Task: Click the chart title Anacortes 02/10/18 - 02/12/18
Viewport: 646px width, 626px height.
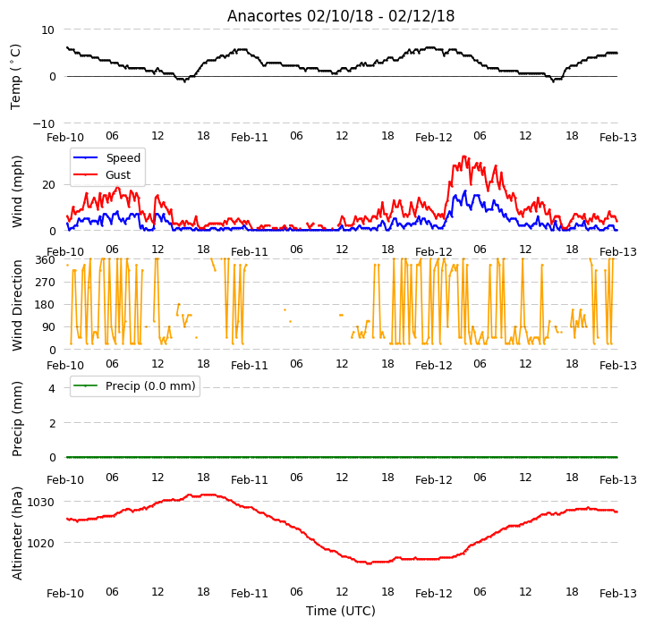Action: pyautogui.click(x=341, y=16)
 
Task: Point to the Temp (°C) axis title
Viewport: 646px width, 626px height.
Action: pyautogui.click(x=15, y=77)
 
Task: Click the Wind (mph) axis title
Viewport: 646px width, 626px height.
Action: pyautogui.click(x=16, y=191)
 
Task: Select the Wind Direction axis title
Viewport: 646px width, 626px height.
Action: pyautogui.click(x=16, y=305)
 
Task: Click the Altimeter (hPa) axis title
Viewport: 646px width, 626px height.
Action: pyautogui.click(x=16, y=533)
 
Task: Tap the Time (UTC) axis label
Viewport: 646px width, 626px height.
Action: pyautogui.click(x=341, y=611)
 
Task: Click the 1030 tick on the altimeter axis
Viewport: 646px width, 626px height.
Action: pyautogui.click(x=40, y=502)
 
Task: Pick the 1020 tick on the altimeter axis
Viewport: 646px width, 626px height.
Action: pyautogui.click(x=40, y=543)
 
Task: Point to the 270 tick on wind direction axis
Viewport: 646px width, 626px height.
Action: pyautogui.click(x=46, y=283)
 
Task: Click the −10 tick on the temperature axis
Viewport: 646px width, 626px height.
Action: pyautogui.click(x=44, y=123)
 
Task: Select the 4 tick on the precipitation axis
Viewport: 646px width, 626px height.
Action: pyautogui.click(x=52, y=388)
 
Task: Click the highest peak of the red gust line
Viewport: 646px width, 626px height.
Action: pyautogui.click(x=463, y=156)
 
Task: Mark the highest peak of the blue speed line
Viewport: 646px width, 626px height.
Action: pyautogui.click(x=465, y=190)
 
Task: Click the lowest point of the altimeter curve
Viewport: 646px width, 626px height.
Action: pyautogui.click(x=370, y=563)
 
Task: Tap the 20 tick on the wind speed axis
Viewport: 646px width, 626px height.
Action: pyautogui.click(x=48, y=185)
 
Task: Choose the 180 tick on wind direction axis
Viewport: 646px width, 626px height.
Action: pyautogui.click(x=46, y=305)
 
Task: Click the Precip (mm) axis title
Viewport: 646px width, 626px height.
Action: pyautogui.click(x=16, y=419)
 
